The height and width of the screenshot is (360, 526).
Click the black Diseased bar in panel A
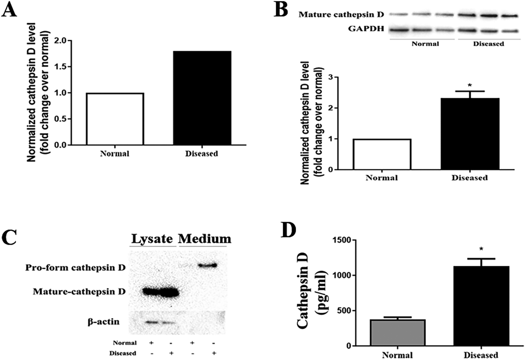point(202,98)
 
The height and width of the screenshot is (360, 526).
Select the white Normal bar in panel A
point(115,119)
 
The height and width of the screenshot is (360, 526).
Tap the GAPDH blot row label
point(366,29)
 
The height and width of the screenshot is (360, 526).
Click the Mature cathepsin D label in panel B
point(341,15)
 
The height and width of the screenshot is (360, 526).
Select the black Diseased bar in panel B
point(470,134)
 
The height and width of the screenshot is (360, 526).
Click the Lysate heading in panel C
point(152,239)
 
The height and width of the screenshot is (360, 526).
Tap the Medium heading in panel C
point(204,239)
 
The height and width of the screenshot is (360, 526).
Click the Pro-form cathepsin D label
point(75,268)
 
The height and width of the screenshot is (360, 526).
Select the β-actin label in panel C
point(104,321)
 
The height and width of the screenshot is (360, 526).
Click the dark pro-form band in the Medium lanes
point(207,265)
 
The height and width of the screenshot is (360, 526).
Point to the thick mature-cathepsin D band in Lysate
point(160,292)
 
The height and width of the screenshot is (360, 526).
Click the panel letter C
point(9,237)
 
